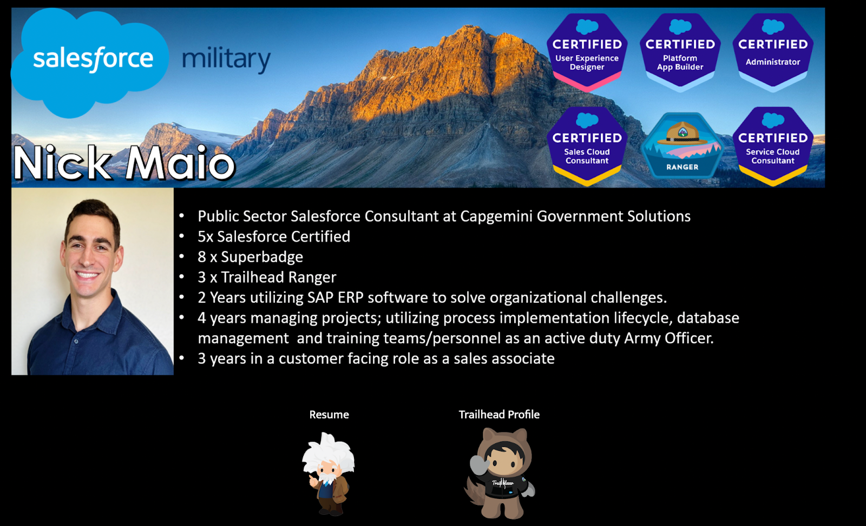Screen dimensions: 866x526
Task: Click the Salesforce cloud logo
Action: click(x=90, y=62)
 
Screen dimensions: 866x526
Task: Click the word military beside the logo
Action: click(x=226, y=59)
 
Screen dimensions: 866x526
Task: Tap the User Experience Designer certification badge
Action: click(x=587, y=52)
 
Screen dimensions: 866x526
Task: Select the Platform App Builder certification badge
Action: click(x=680, y=52)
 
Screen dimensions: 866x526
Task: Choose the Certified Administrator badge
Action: click(x=773, y=52)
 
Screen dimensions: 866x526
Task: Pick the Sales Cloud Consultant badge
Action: click(x=587, y=146)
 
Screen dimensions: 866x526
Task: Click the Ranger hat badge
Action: click(x=682, y=145)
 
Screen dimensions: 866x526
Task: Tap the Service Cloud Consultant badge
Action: click(x=773, y=146)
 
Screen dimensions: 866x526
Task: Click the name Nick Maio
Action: click(x=124, y=163)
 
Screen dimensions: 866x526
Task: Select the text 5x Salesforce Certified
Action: click(x=274, y=237)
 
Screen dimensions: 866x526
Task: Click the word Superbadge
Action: click(x=262, y=257)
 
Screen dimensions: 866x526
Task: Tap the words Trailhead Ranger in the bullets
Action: click(x=278, y=277)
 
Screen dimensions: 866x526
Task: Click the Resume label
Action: click(x=329, y=415)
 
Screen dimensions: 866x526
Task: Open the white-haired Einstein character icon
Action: click(x=328, y=474)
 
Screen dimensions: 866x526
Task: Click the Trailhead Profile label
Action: click(x=499, y=415)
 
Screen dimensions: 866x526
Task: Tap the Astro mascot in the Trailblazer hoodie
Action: click(x=500, y=473)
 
